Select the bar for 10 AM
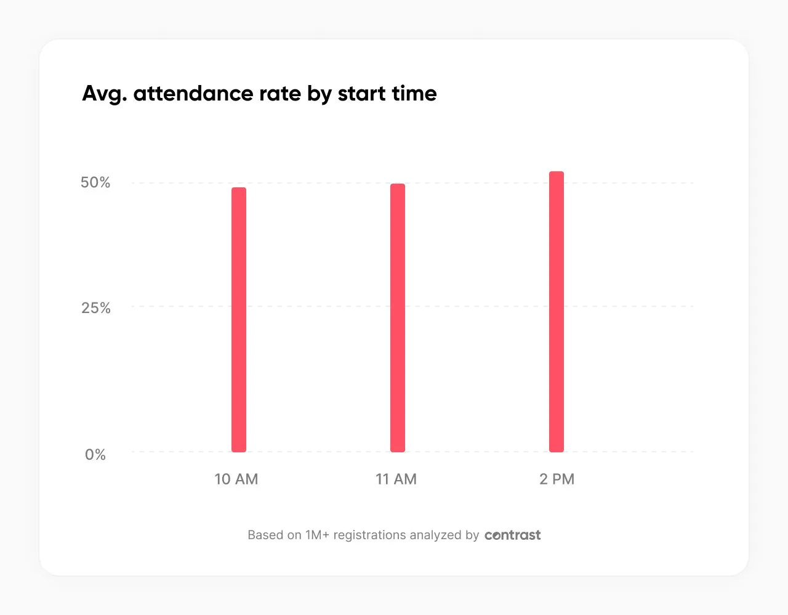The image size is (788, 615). pyautogui.click(x=239, y=320)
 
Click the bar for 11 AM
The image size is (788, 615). pyautogui.click(x=398, y=318)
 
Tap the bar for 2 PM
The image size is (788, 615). pyautogui.click(x=557, y=312)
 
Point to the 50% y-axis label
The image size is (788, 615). pyautogui.click(x=95, y=182)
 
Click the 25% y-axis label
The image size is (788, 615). pyautogui.click(x=96, y=308)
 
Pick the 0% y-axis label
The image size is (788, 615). pyautogui.click(x=95, y=455)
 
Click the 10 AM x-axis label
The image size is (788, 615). pyautogui.click(x=236, y=479)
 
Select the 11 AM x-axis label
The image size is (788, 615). pyautogui.click(x=396, y=479)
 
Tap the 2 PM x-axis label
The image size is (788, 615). pyautogui.click(x=557, y=479)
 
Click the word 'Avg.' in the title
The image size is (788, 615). pyautogui.click(x=104, y=94)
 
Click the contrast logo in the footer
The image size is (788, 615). pyautogui.click(x=512, y=535)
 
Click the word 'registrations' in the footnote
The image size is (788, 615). pyautogui.click(x=370, y=535)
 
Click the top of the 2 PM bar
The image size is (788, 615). pyautogui.click(x=557, y=174)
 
